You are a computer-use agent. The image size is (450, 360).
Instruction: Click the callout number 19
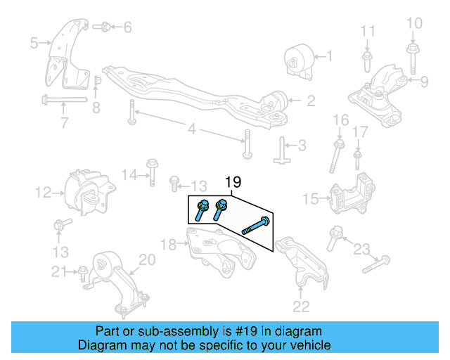233,183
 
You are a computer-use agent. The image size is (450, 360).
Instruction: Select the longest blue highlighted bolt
256,226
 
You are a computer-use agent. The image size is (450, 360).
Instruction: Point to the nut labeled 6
101,27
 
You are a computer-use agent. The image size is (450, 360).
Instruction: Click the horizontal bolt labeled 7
63,100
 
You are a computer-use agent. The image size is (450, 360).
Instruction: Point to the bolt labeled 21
82,271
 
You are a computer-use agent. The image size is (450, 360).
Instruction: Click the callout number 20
146,260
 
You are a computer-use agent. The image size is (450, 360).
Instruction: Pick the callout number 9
424,82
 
